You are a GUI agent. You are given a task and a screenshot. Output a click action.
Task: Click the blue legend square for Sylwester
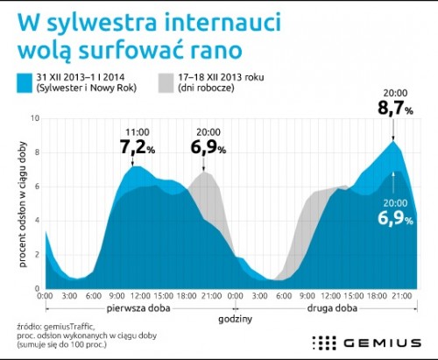point(25,83)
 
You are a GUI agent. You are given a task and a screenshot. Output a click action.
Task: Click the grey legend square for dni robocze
point(166,83)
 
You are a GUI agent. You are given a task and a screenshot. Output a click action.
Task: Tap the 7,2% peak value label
point(138,147)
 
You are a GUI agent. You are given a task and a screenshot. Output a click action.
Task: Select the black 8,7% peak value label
point(395,108)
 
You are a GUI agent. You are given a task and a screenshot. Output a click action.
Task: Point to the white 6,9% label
point(395,218)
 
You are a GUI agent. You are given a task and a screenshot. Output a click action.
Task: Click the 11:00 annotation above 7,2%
point(138,132)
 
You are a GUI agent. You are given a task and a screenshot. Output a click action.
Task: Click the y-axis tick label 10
point(35,118)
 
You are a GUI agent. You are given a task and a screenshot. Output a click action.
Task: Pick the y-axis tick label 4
point(37,221)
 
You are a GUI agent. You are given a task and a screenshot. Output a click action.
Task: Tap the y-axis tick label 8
point(37,152)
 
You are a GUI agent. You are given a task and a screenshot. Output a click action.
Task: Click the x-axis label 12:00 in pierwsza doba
point(140,296)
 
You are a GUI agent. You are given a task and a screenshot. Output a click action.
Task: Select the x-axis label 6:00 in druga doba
point(283,296)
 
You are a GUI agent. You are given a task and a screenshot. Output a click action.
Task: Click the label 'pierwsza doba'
point(138,308)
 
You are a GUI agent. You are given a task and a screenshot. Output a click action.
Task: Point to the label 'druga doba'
point(332,308)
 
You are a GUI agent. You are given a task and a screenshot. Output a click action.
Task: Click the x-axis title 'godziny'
point(235,319)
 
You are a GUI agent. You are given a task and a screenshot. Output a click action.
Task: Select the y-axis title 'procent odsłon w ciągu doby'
point(23,204)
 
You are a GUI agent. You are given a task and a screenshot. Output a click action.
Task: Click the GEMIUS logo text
point(383,342)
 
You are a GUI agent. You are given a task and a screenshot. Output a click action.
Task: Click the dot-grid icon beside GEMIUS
point(324,342)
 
